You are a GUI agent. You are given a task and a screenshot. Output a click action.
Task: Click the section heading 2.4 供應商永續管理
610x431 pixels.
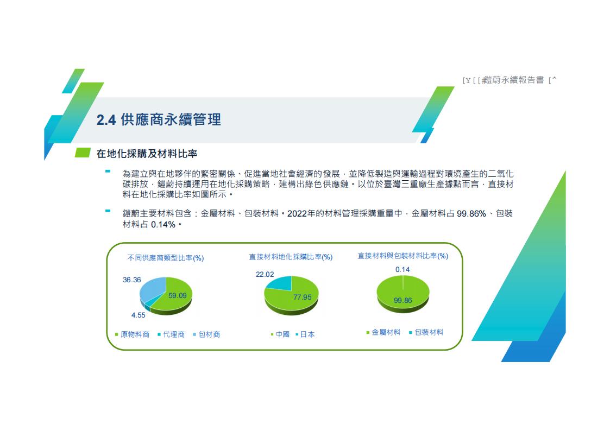[159, 120]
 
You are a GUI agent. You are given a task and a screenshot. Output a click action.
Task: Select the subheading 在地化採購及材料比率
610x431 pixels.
[147, 154]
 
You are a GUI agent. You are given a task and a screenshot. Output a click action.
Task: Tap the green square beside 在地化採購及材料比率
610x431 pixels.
[83, 153]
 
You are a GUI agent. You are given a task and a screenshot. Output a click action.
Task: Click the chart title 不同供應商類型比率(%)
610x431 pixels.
[166, 258]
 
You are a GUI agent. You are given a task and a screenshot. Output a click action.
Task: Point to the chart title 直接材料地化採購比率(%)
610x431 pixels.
[291, 257]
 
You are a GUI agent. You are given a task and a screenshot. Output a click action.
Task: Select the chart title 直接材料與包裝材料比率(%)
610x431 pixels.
[403, 256]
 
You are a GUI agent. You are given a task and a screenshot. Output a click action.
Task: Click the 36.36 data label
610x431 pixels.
[132, 280]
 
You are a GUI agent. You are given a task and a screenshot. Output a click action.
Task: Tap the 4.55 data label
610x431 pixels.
[138, 315]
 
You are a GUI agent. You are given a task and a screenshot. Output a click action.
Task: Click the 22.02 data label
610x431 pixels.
[265, 274]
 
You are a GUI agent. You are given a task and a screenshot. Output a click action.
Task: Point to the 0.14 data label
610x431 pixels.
[403, 270]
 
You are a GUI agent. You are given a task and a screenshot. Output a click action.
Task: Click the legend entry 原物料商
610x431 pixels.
[133, 334]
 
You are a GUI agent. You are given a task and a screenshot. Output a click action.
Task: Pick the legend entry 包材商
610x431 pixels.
[206, 334]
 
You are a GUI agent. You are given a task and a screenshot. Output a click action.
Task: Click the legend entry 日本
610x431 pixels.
[305, 334]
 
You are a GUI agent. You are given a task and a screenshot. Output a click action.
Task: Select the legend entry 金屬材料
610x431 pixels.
[383, 332]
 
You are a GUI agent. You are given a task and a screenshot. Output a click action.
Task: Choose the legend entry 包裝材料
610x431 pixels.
[426, 332]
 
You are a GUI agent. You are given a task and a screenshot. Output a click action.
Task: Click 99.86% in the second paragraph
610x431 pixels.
[471, 214]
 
